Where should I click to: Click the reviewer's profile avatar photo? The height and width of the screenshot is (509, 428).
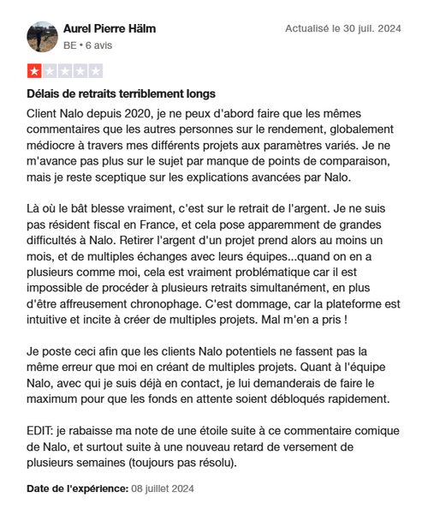point(43,36)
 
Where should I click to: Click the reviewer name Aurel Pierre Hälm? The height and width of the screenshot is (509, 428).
point(110,29)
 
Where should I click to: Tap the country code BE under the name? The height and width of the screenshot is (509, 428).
point(70,45)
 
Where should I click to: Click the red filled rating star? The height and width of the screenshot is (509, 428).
point(34,72)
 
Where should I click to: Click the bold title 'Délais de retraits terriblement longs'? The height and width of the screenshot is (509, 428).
point(121,93)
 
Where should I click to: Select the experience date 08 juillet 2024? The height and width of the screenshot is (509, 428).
point(162,488)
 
